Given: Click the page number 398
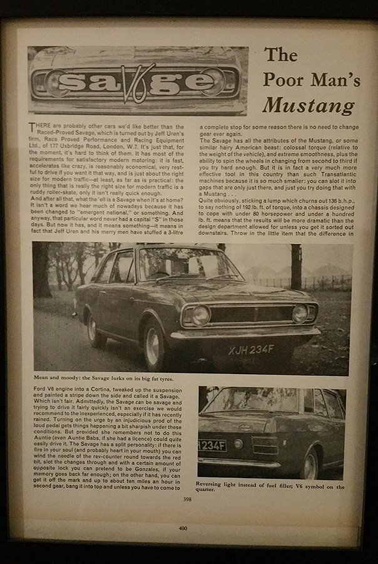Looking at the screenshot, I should [187, 499].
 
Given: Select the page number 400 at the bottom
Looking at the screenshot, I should [182, 528].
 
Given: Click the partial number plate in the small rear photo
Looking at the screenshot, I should [212, 444].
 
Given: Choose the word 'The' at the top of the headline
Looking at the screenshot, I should [280, 55].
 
